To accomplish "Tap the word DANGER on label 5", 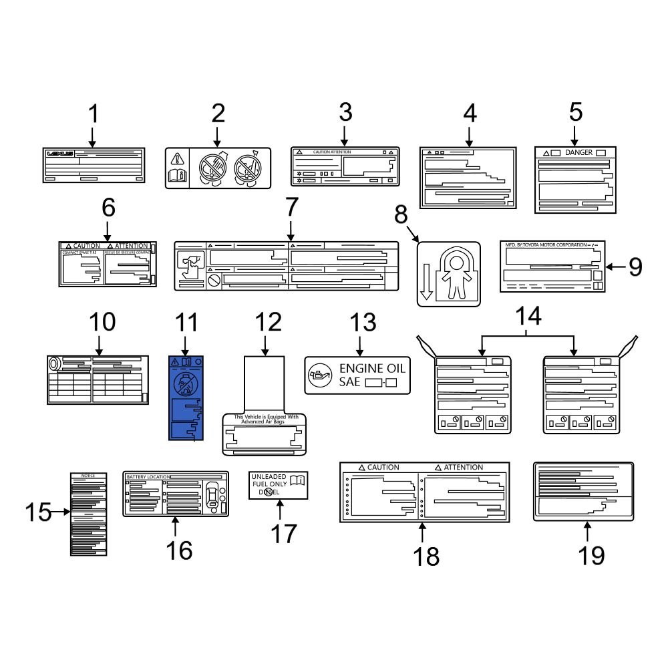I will pyautogui.click(x=578, y=153).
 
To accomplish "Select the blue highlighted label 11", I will pyautogui.click(x=186, y=398).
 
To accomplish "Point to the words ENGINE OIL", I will pyautogui.click(x=372, y=368).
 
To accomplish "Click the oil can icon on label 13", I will pyautogui.click(x=318, y=375).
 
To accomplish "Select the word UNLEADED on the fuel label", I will pyautogui.click(x=267, y=476).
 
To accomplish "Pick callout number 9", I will pyautogui.click(x=635, y=267).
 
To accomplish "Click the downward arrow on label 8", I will pyautogui.click(x=428, y=282).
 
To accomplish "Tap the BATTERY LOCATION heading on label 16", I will pyautogui.click(x=148, y=476).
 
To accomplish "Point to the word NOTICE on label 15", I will pyautogui.click(x=88, y=475).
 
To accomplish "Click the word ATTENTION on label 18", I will pyautogui.click(x=458, y=468).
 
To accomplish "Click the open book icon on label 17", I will pyautogui.click(x=298, y=478).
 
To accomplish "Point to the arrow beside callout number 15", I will pyautogui.click(x=61, y=512).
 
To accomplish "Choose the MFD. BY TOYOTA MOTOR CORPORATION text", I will pyautogui.click(x=544, y=245).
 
